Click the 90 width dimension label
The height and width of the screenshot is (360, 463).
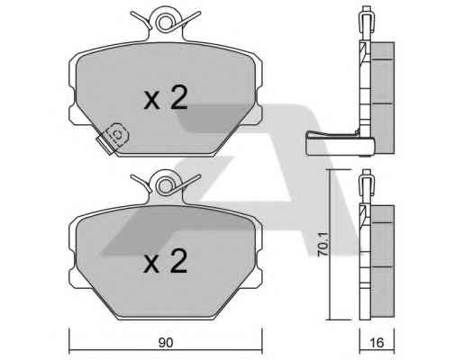pos(166,342)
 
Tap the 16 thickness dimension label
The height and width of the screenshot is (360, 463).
pos(377,342)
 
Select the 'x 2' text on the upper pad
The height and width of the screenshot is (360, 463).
pos(166,97)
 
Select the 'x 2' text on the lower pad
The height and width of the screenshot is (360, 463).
pos(166,261)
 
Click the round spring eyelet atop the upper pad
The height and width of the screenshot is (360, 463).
pos(165,22)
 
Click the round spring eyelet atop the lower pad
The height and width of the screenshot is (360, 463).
pos(165,186)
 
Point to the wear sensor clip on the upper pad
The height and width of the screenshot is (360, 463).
pos(113,138)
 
